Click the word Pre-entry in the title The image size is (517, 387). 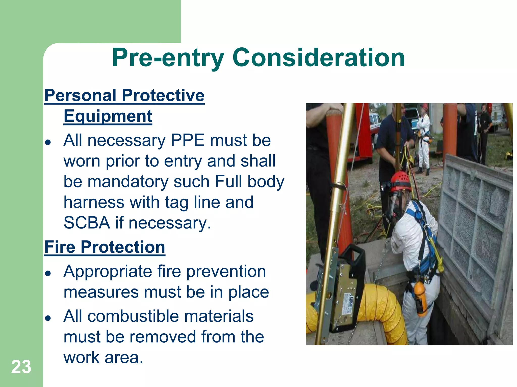click(x=168, y=58)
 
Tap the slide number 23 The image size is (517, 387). click(x=21, y=367)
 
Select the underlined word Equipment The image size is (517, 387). click(x=108, y=116)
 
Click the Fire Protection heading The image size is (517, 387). click(x=105, y=247)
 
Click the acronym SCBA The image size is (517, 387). click(x=87, y=223)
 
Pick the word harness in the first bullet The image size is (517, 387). click(x=94, y=202)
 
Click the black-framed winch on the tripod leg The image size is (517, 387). click(x=346, y=290)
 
